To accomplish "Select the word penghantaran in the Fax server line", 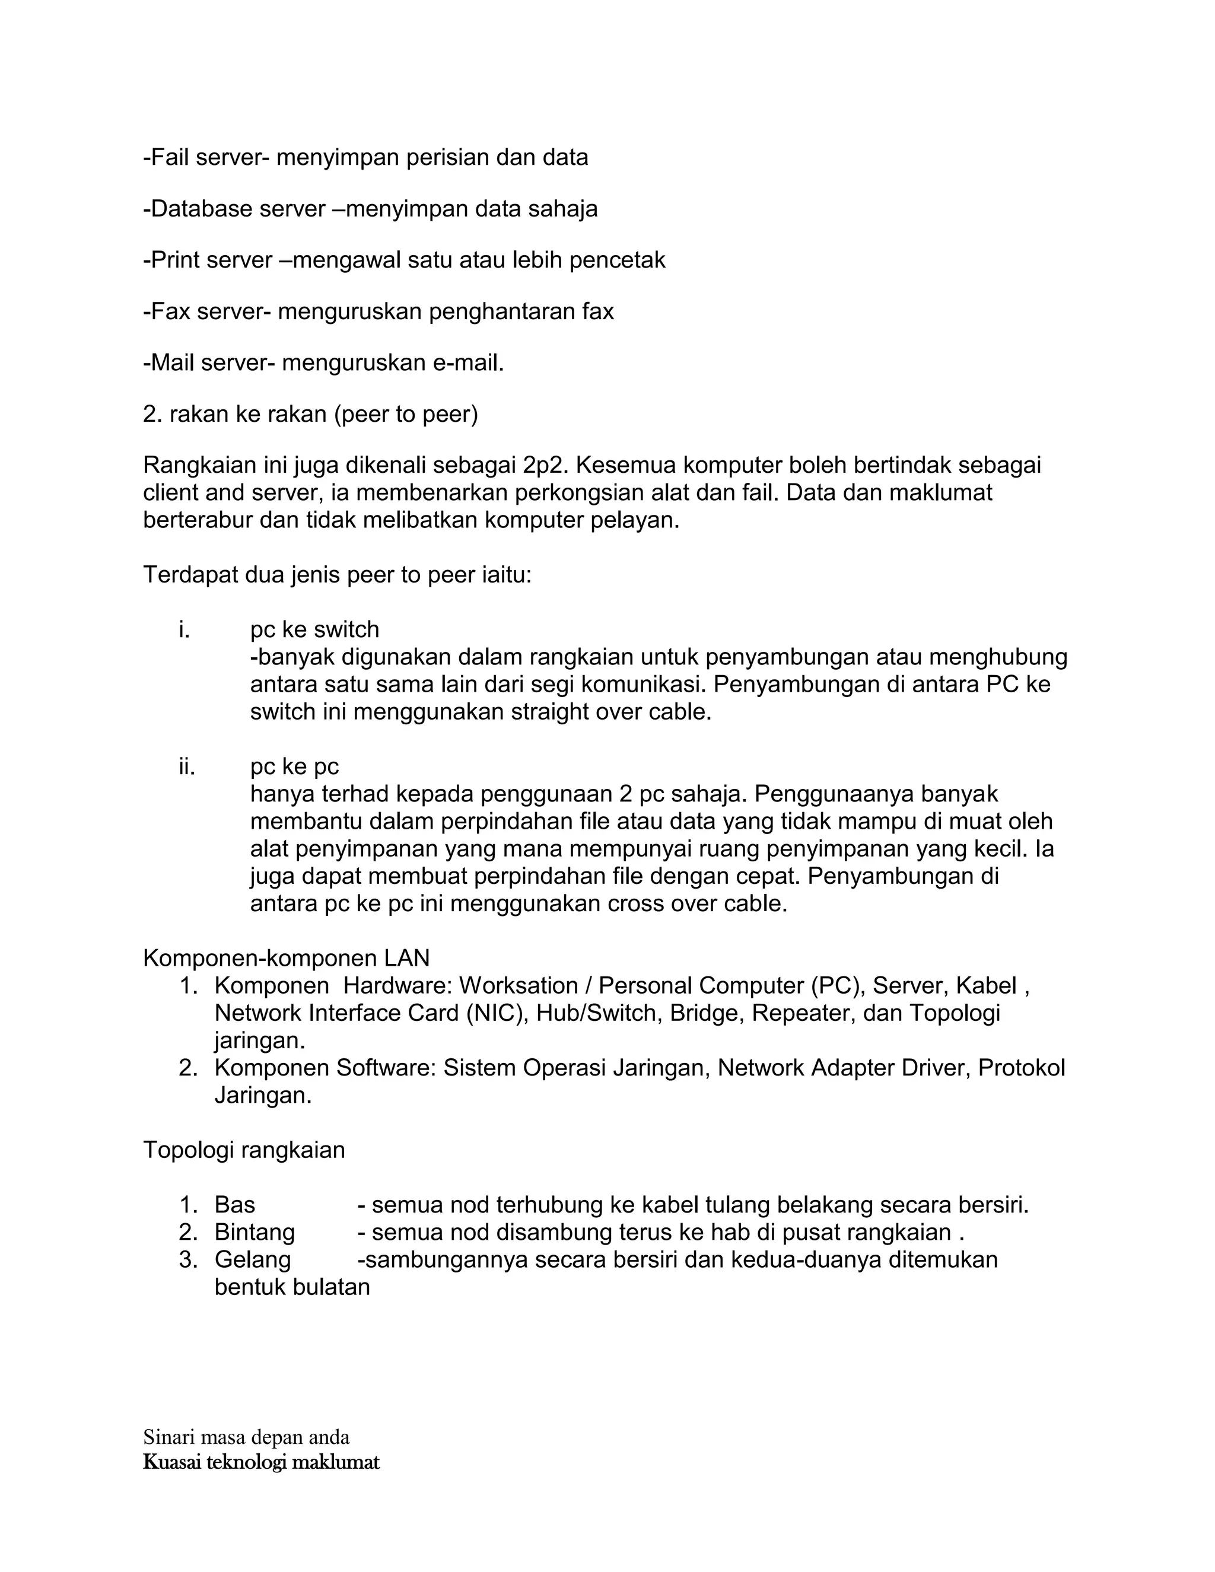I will click(x=501, y=311).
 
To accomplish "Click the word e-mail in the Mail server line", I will click(x=468, y=363).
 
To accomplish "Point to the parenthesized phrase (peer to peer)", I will click(x=406, y=415).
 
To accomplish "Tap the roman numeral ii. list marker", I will click(x=186, y=766).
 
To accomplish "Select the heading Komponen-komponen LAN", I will click(x=286, y=959).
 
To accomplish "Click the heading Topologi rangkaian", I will click(x=244, y=1150).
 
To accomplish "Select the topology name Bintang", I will click(x=255, y=1232).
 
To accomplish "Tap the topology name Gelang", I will click(x=253, y=1259).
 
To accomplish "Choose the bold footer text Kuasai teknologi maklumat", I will click(x=261, y=1462).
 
